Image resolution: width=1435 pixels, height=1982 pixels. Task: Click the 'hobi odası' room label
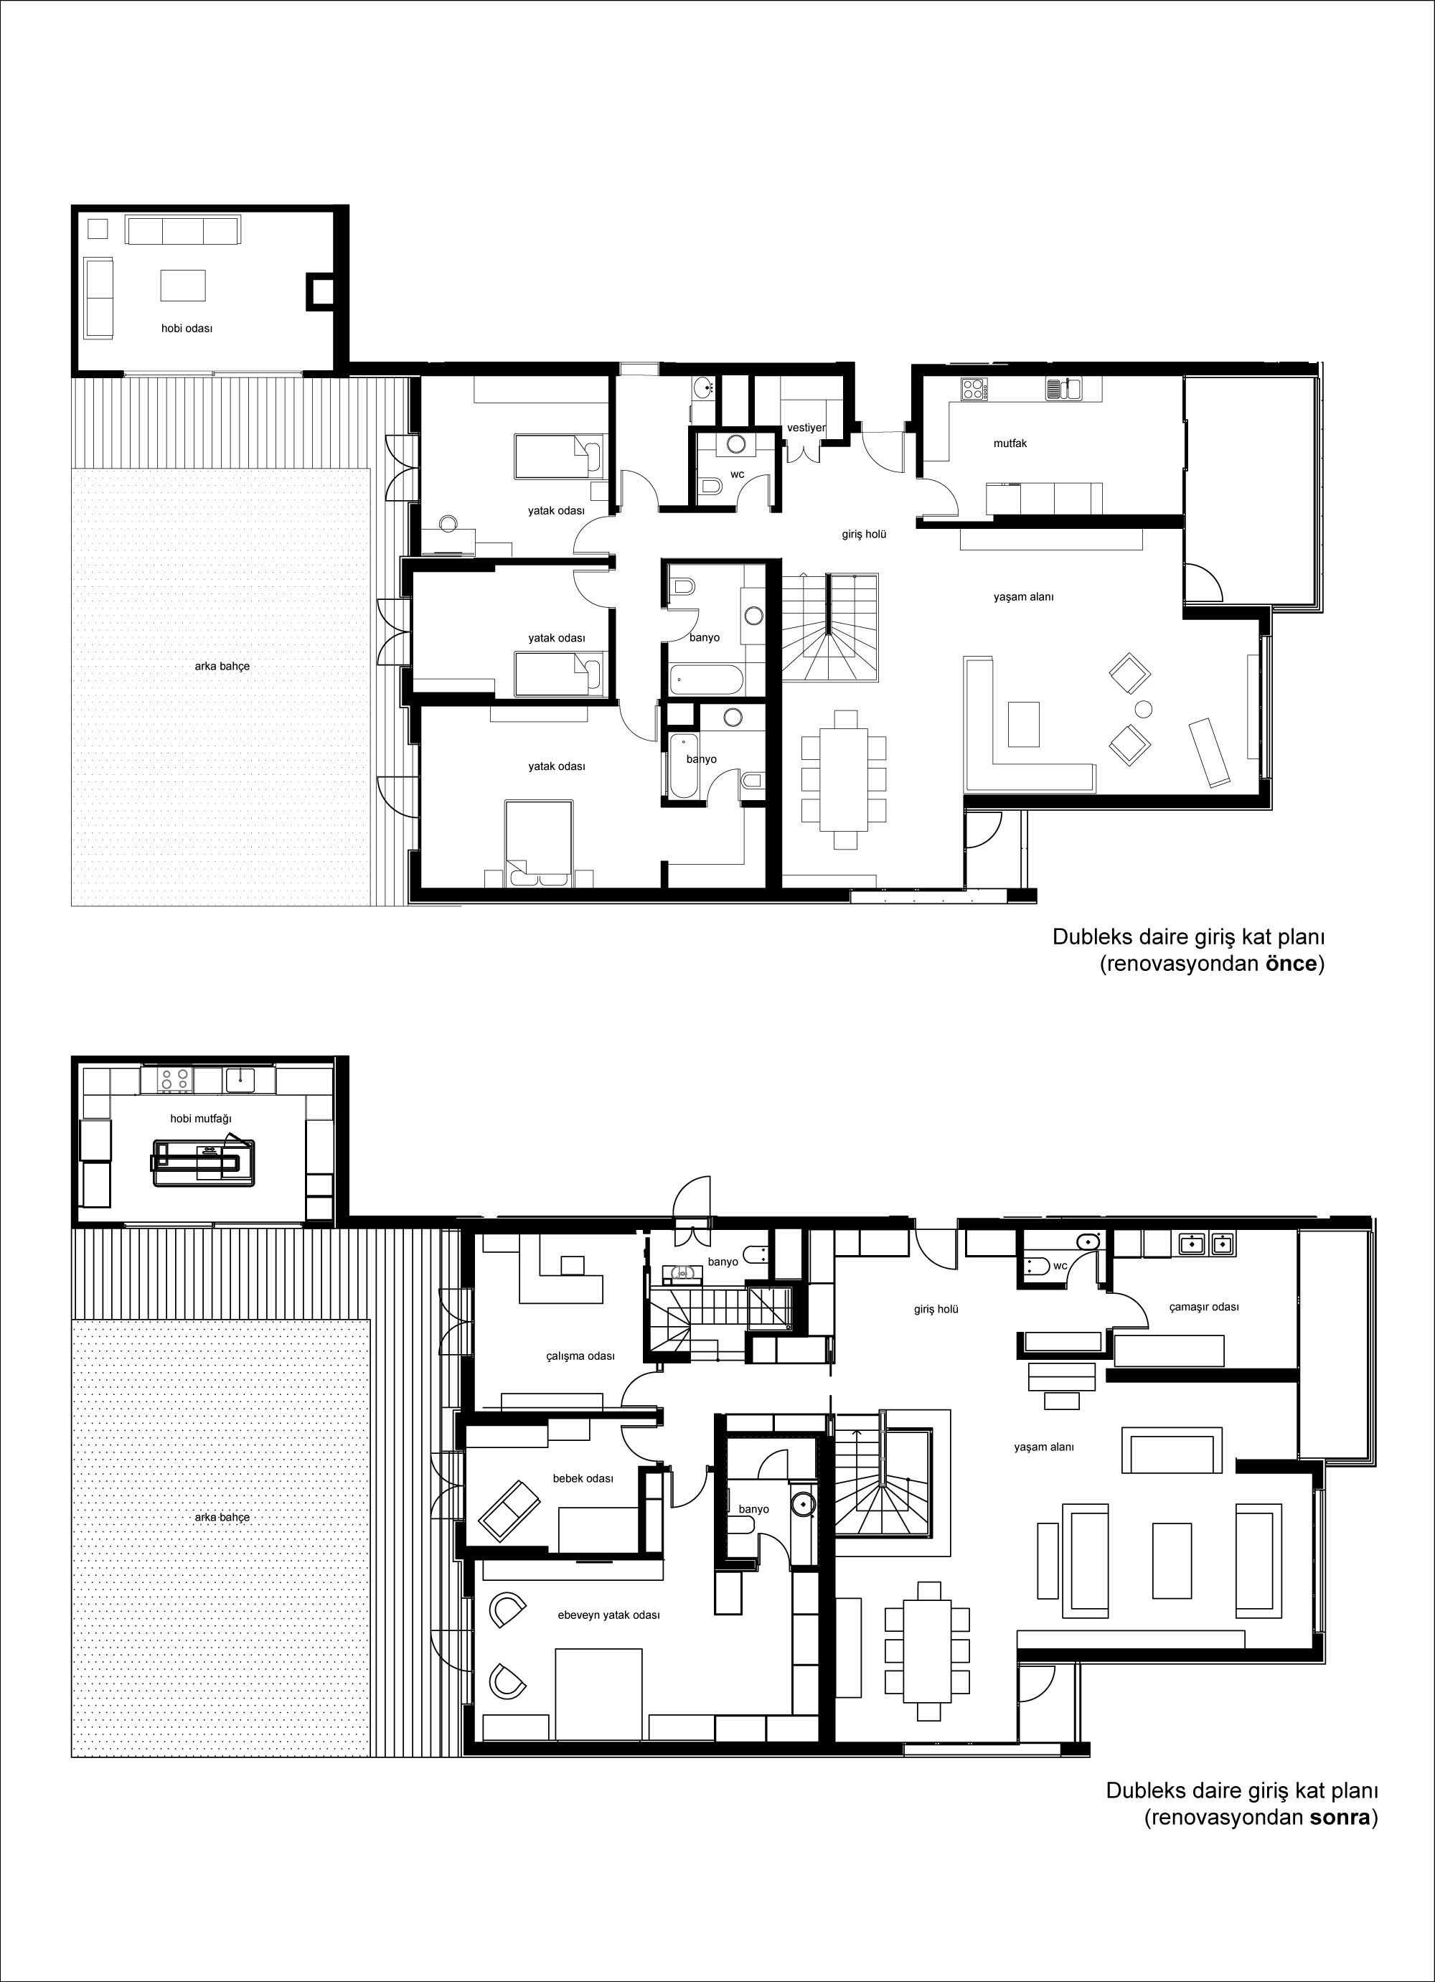[x=187, y=329]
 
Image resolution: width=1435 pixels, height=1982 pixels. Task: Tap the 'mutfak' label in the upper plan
[x=1010, y=443]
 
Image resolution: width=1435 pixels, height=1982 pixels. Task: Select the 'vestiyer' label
[x=806, y=428]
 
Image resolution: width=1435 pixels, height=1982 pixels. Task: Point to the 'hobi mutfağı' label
[x=201, y=1119]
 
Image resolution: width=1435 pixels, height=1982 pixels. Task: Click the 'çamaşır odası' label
[x=1203, y=1307]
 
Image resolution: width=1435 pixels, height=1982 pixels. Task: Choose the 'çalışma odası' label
[x=580, y=1356]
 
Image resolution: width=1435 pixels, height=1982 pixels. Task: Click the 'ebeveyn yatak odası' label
[x=608, y=1615]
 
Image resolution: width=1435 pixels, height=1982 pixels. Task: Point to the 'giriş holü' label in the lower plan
[x=936, y=1309]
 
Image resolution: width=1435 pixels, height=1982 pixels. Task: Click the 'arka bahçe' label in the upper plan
[x=222, y=666]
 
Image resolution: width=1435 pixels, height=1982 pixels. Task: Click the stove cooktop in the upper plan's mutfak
[x=974, y=388]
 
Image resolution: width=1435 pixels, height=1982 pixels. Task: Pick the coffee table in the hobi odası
[x=183, y=285]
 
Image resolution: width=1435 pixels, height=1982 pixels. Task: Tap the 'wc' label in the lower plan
[x=1060, y=1265]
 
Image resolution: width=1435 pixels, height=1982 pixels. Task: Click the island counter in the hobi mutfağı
[x=204, y=1163]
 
